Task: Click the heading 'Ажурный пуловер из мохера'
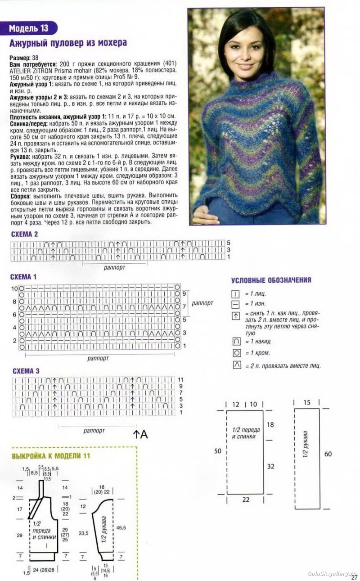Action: (68, 43)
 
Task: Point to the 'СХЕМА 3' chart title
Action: (26, 371)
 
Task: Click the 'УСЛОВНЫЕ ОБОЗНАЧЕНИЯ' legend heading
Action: (271, 280)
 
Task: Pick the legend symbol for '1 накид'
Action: (236, 341)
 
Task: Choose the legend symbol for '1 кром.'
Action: (236, 353)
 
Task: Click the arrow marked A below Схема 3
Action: (136, 434)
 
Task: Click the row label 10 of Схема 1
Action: (14, 288)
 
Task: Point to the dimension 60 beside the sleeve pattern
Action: (328, 454)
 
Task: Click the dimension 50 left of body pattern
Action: (217, 451)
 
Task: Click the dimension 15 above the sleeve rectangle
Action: (307, 402)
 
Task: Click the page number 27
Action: (354, 576)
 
